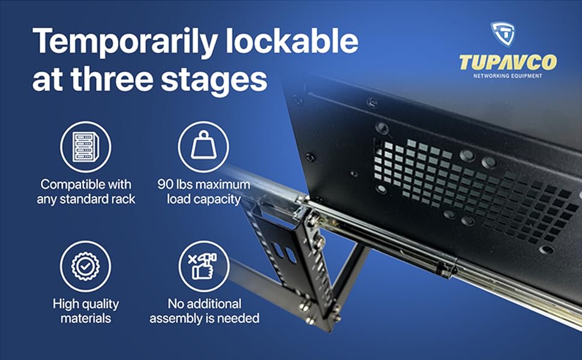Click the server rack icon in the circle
pyautogui.click(x=86, y=147)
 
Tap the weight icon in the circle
pyautogui.click(x=203, y=147)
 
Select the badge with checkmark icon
pyautogui.click(x=86, y=266)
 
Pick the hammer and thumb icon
pyautogui.click(x=203, y=266)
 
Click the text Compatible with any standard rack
pyautogui.click(x=86, y=191)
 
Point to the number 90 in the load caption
pyautogui.click(x=166, y=184)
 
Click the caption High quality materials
pyautogui.click(x=86, y=311)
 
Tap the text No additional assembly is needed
pyautogui.click(x=204, y=311)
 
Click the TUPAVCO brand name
pyautogui.click(x=507, y=62)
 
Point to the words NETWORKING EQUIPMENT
pyautogui.click(x=508, y=76)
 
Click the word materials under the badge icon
pyautogui.click(x=86, y=319)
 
